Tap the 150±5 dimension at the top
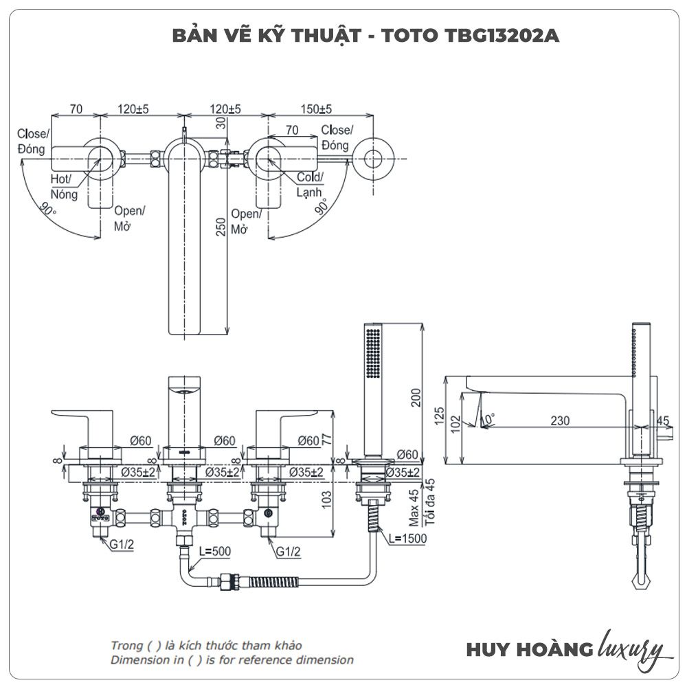pos(317,109)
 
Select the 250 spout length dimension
pos(221,227)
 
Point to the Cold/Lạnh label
pos(310,185)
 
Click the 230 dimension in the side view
pos(560,421)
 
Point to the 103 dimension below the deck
pos(327,499)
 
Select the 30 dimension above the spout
pos(221,124)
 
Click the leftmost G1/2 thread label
pos(122,544)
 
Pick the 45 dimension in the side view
pos(662,420)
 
